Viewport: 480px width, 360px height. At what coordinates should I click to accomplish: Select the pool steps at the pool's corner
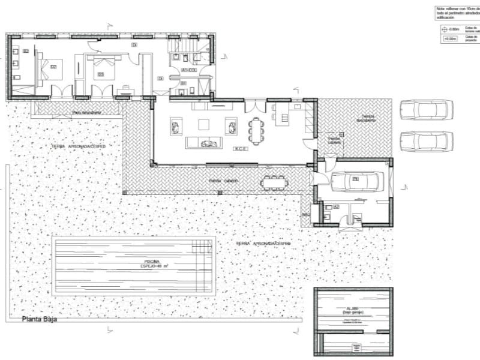[x=201, y=246]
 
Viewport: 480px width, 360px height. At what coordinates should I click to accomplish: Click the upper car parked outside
[x=425, y=110]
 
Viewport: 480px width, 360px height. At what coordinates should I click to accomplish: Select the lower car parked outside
[x=425, y=142]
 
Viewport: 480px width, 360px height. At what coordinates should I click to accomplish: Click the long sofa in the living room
[x=205, y=142]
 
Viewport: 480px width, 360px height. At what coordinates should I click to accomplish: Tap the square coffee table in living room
[x=205, y=124]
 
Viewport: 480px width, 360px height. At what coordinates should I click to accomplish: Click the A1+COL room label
[x=189, y=71]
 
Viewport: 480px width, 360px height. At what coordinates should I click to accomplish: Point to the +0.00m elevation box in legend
[x=450, y=39]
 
